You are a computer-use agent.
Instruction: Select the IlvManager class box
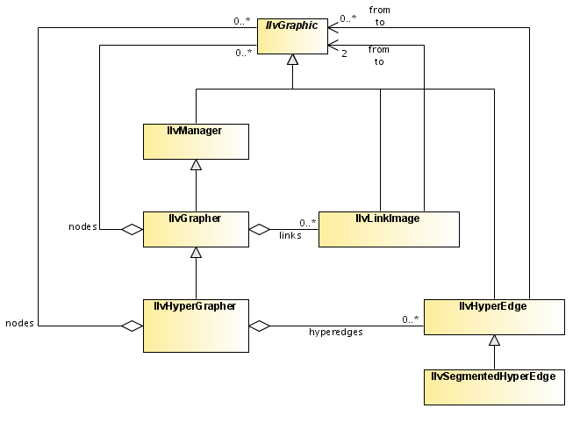(x=195, y=141)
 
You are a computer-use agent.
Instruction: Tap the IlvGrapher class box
(x=195, y=229)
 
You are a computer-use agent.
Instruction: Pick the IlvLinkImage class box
(x=389, y=229)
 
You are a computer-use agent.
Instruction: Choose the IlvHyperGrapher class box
(x=195, y=325)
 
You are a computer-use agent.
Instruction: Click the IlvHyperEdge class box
(x=494, y=316)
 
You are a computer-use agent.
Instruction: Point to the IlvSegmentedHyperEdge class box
(x=494, y=386)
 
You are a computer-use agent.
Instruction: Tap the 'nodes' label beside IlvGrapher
(x=82, y=227)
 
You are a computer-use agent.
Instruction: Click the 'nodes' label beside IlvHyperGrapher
(x=18, y=323)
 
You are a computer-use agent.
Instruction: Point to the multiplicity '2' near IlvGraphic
(x=345, y=54)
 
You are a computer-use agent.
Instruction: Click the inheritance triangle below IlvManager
(x=195, y=164)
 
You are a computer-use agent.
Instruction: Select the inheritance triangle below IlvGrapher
(x=195, y=252)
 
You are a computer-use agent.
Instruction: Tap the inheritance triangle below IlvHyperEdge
(x=494, y=340)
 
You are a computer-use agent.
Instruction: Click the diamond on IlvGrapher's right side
(x=260, y=229)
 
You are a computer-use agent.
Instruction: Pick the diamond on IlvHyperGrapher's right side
(x=260, y=326)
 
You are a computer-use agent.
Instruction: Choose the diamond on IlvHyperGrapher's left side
(x=132, y=326)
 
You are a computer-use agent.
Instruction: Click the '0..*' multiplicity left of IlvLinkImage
(x=307, y=222)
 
